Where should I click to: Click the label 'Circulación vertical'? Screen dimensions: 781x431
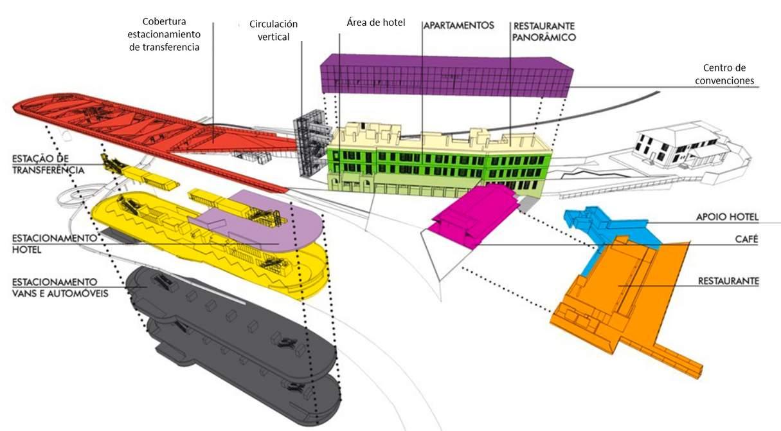coord(273,30)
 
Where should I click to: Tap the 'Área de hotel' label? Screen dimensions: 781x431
coord(375,24)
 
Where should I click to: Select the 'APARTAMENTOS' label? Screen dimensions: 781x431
coord(458,26)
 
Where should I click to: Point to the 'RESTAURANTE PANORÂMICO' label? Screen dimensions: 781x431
coord(544,32)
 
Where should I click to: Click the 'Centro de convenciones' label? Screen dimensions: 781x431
coord(728,74)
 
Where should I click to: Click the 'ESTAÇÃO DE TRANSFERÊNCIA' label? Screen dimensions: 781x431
coord(48,164)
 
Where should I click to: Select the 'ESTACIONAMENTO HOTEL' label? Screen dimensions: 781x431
coord(54,244)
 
